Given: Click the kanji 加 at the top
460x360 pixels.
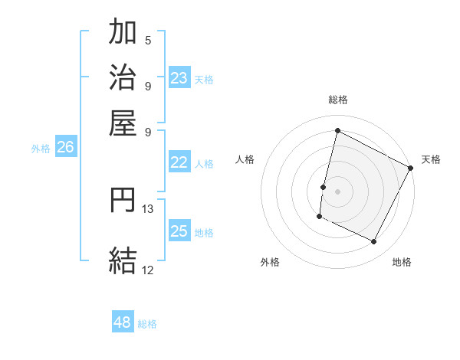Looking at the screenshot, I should (123, 33).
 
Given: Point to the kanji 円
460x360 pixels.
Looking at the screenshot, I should (123, 200).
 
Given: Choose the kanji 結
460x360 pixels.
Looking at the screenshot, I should (123, 260).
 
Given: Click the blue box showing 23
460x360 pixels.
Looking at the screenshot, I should (179, 77).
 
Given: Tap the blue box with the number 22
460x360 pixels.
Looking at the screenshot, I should (179, 162).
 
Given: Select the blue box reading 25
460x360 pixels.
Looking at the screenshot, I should (179, 231).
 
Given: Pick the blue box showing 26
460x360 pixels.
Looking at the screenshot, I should (66, 147).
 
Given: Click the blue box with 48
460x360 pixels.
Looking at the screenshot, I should (123, 322).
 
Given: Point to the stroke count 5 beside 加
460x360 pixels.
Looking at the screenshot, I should (148, 40).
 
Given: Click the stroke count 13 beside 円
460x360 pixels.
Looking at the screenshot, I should (148, 208).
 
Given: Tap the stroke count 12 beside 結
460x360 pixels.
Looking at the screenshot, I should (148, 270).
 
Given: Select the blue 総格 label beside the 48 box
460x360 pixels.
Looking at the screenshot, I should (147, 324).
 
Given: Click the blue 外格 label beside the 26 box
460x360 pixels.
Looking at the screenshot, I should (41, 149).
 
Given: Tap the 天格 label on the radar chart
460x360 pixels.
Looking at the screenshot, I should (431, 159).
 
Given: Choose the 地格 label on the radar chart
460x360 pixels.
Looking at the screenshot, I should (402, 262).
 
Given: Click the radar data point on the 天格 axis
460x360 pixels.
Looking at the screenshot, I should (411, 168).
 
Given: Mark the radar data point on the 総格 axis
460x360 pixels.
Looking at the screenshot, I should (337, 130).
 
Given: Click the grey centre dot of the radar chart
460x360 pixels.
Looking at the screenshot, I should (337, 191).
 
